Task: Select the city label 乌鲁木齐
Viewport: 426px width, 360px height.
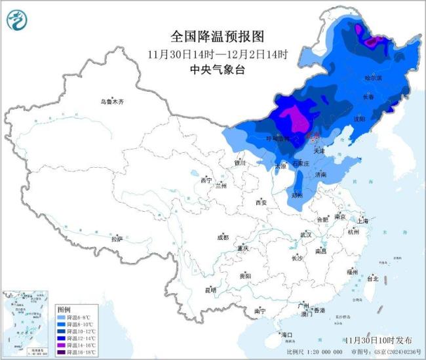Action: coord(112,102)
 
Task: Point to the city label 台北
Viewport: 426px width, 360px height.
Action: coord(372,278)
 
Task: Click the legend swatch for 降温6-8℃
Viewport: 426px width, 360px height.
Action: coord(63,317)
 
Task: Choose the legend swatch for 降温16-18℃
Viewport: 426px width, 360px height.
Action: coord(63,353)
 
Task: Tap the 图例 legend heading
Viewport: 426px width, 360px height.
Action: coord(64,308)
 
